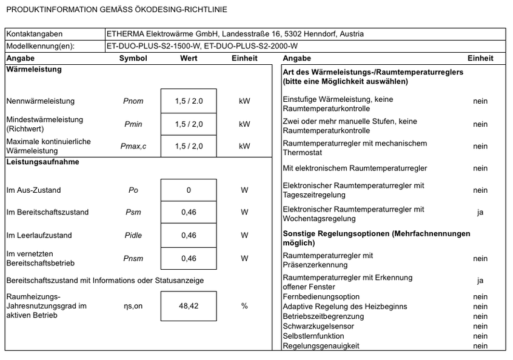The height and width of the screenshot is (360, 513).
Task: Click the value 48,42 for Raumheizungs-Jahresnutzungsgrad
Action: point(189,306)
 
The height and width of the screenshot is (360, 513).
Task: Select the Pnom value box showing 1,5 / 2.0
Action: point(189,101)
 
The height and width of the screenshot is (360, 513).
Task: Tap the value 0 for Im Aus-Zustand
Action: point(189,190)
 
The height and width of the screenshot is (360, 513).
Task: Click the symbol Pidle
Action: point(133,235)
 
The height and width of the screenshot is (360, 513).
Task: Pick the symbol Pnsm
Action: point(133,258)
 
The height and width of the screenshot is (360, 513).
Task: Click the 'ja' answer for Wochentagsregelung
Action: point(480,213)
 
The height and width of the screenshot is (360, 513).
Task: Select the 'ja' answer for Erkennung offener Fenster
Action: point(480,281)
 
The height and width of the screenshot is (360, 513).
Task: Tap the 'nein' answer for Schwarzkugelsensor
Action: point(480,326)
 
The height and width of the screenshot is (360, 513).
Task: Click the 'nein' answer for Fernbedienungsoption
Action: point(480,297)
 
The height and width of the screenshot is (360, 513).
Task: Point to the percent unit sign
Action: point(244,306)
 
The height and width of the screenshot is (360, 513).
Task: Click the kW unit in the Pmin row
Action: point(244,124)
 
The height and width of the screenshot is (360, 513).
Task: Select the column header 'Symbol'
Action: point(133,58)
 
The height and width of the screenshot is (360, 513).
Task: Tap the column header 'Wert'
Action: point(189,58)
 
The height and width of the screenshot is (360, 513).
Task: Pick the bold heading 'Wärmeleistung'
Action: point(34,69)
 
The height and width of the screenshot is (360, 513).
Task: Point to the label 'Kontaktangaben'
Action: point(35,34)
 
